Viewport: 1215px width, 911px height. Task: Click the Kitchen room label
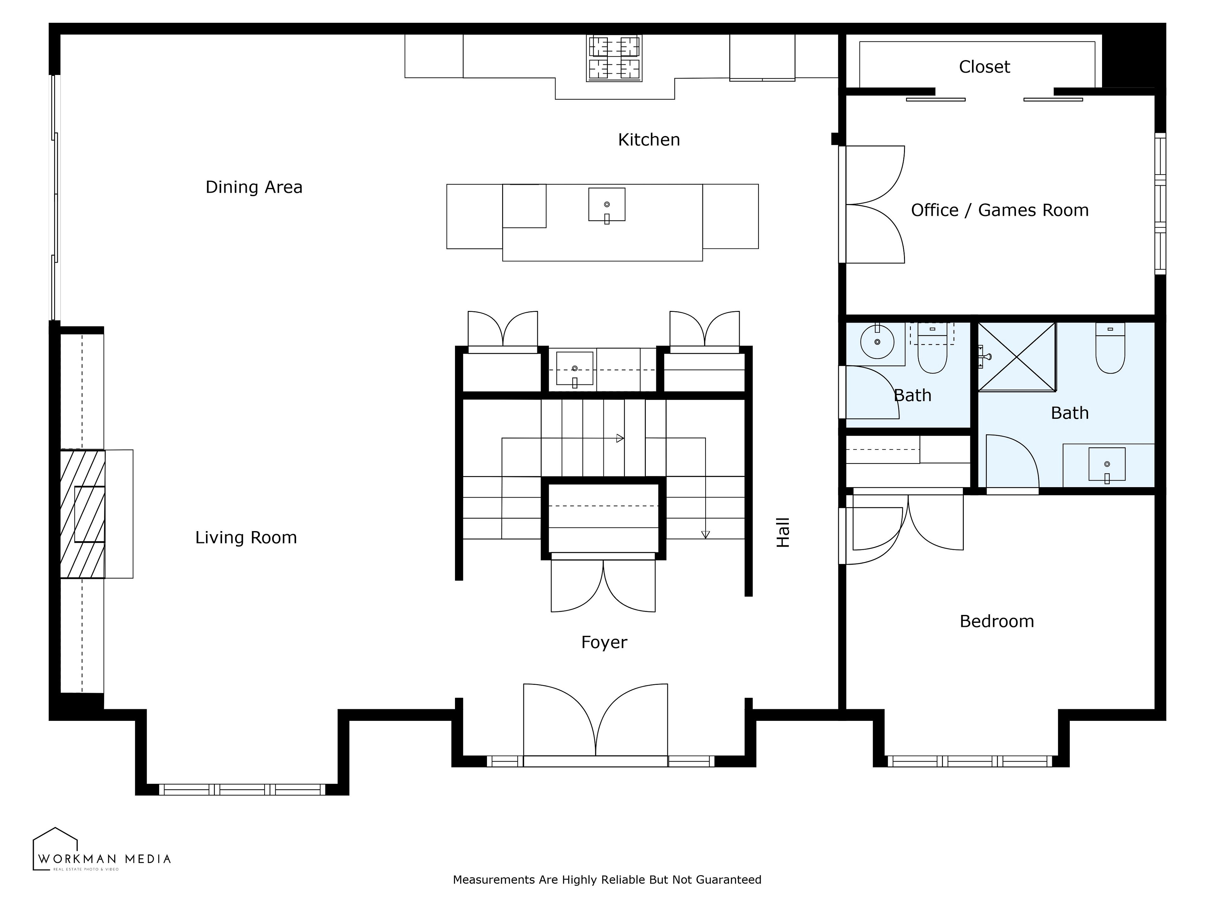coord(649,140)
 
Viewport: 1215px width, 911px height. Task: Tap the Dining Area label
coord(254,187)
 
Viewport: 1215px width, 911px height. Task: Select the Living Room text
coord(246,538)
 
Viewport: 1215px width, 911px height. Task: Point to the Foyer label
coord(604,642)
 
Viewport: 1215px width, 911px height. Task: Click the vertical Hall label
coord(783,532)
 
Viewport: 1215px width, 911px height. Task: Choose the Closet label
coord(984,67)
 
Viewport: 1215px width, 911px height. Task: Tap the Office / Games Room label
coord(1000,210)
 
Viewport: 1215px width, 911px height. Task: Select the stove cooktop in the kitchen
coord(614,58)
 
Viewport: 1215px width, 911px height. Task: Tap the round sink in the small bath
coord(877,342)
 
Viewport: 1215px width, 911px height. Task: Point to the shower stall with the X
coord(1017,357)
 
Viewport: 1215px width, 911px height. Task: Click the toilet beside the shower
coord(1110,348)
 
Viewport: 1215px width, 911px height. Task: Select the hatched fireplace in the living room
coord(82,514)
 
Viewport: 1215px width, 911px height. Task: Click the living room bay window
coord(242,790)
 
